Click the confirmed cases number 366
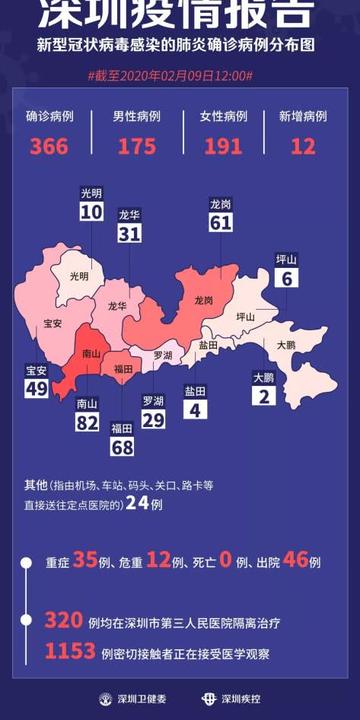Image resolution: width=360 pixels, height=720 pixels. [48, 146]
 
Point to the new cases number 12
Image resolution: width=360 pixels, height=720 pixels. [303, 146]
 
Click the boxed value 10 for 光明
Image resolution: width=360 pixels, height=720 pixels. [91, 212]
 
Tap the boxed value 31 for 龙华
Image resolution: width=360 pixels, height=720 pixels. [129, 233]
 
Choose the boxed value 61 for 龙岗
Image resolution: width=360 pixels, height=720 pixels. [221, 222]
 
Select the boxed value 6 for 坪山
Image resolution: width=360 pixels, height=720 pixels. [287, 279]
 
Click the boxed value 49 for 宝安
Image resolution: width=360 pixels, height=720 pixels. [36, 388]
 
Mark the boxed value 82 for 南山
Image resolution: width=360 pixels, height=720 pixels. [88, 423]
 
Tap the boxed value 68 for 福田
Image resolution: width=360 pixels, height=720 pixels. [122, 447]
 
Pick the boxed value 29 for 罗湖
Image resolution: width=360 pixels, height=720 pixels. [153, 420]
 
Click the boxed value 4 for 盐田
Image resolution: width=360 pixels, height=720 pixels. [195, 409]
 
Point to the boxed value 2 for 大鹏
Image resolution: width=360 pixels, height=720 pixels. [263, 396]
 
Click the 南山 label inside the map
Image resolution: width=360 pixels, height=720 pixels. [90, 353]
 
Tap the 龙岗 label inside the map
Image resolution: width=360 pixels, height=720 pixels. [203, 300]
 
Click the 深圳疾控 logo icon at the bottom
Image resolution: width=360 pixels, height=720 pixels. [209, 699]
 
